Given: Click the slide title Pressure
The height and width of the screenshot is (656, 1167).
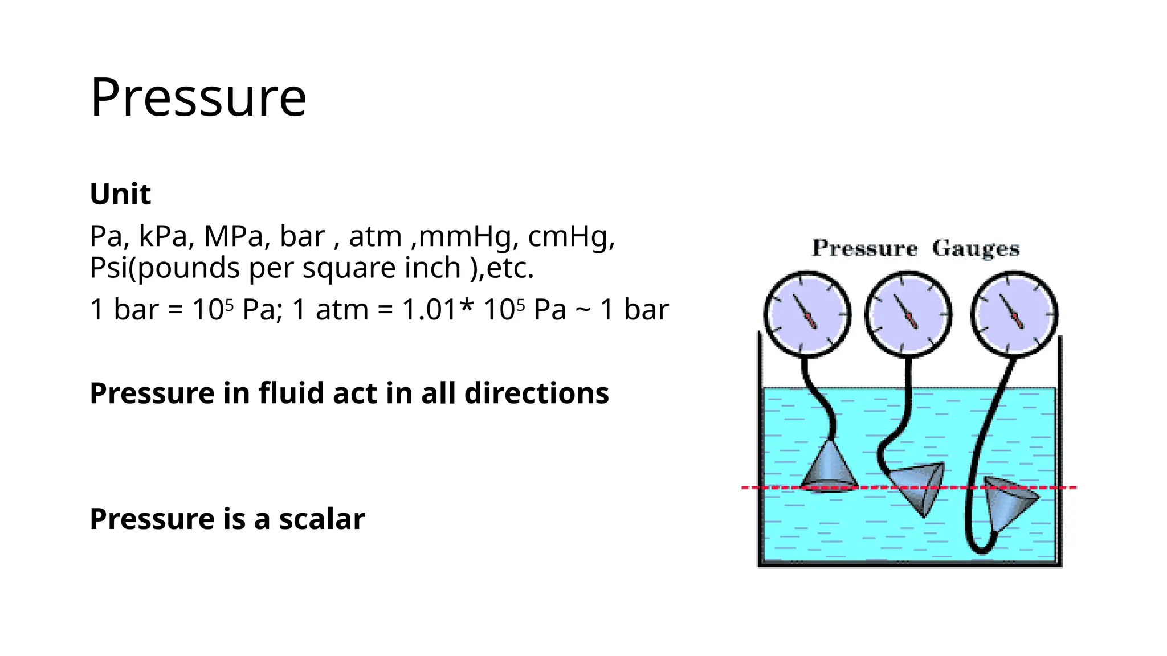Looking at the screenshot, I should pyautogui.click(x=198, y=97).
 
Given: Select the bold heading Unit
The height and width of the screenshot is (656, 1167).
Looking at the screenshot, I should pyautogui.click(x=120, y=194).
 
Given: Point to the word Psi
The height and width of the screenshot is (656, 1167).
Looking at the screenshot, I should pyautogui.click(x=108, y=268).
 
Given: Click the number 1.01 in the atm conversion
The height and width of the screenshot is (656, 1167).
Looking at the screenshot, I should pyautogui.click(x=429, y=310).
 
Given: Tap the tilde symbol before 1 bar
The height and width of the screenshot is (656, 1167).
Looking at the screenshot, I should pyautogui.click(x=583, y=310).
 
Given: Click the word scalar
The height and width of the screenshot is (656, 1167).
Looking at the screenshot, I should pyautogui.click(x=321, y=519).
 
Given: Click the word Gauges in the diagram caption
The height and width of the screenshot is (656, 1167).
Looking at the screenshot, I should pyautogui.click(x=976, y=249).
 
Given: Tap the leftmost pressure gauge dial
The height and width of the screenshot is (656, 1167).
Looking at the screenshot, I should pyautogui.click(x=807, y=314).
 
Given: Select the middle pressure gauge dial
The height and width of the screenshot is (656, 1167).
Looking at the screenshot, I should pyautogui.click(x=908, y=314).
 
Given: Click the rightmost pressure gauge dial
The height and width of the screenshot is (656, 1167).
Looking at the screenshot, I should pyautogui.click(x=1014, y=314).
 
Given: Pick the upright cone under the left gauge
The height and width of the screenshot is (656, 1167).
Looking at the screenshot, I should pyautogui.click(x=829, y=467).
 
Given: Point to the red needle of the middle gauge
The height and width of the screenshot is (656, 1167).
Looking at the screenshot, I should pyautogui.click(x=911, y=319).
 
